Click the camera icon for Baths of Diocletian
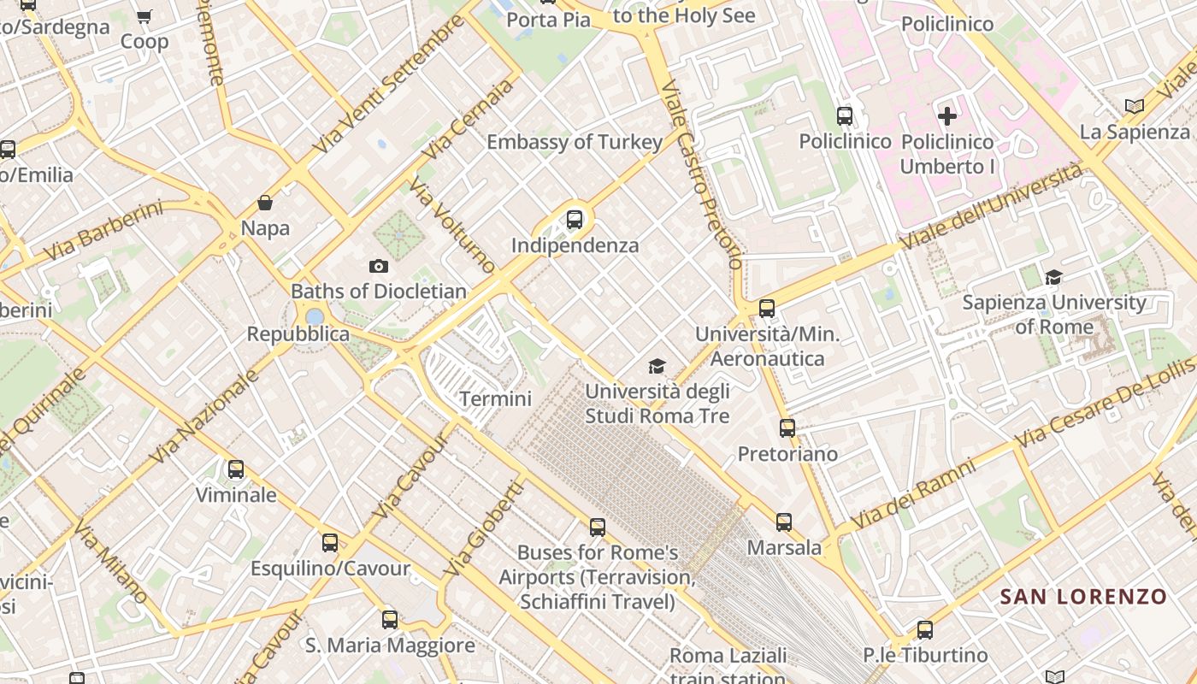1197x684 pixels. click(378, 267)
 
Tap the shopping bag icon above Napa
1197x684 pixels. click(265, 203)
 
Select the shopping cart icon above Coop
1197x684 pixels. click(144, 16)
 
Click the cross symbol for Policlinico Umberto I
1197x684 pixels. click(946, 115)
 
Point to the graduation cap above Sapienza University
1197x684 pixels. click(1053, 277)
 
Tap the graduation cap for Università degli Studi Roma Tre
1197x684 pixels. click(657, 366)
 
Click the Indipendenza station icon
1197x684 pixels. click(575, 220)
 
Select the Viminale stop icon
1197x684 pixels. click(235, 469)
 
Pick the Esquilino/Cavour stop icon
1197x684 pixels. click(329, 543)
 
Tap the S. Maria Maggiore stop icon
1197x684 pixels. click(390, 620)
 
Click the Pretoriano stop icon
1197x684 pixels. click(787, 428)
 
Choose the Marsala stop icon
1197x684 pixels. click(784, 522)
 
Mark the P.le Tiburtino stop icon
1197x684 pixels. click(924, 630)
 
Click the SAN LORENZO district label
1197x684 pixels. click(1083, 597)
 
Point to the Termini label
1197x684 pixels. click(495, 398)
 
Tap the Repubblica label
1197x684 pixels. click(298, 334)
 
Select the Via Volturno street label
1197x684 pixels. click(452, 225)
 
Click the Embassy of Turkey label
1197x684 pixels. click(575, 142)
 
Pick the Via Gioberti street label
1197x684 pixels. click(483, 528)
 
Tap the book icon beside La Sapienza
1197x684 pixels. click(1134, 107)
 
